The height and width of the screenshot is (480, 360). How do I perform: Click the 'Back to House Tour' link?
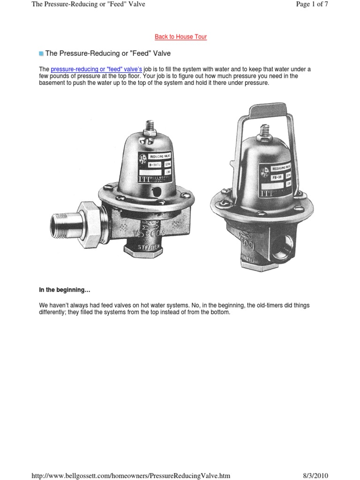(180, 37)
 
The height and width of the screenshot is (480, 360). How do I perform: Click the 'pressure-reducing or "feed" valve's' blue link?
(96, 69)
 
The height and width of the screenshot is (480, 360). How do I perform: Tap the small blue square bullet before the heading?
(41, 54)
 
